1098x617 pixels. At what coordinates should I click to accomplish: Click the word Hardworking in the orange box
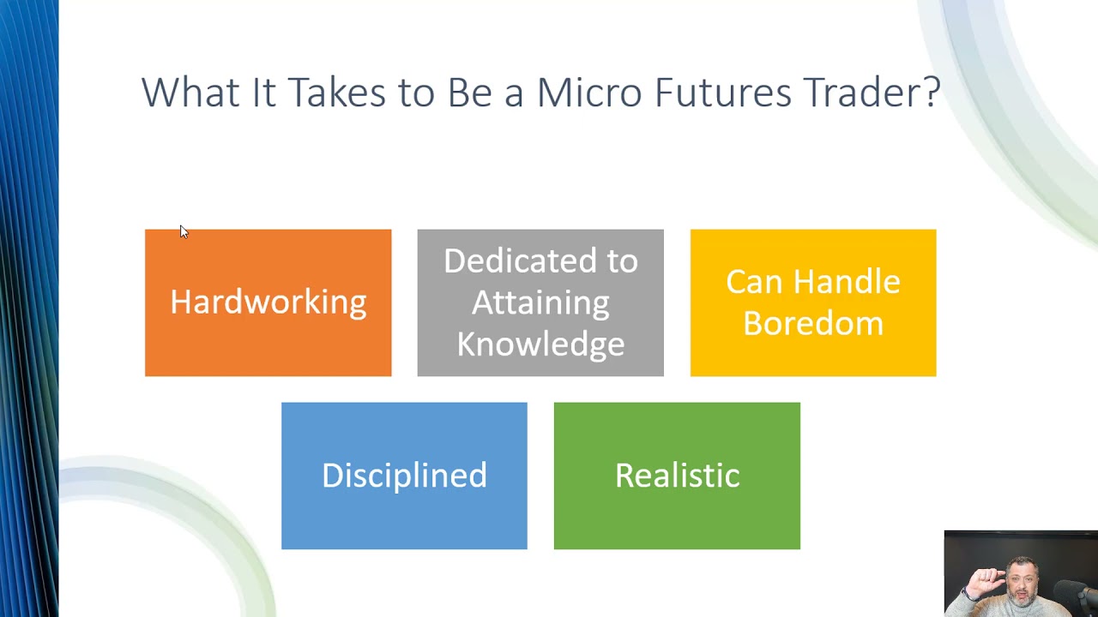click(268, 303)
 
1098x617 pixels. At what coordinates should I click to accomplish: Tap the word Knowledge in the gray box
click(540, 344)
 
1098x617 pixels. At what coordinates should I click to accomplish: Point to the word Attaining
click(540, 303)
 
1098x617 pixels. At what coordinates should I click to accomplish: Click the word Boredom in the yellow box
click(812, 324)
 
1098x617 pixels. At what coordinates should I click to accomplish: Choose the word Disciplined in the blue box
click(404, 476)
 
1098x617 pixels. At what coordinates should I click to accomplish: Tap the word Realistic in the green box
click(677, 476)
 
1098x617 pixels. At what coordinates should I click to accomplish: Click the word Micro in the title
click(588, 93)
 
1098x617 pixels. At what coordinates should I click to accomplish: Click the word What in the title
click(190, 93)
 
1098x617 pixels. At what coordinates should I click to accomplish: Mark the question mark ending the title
click(932, 93)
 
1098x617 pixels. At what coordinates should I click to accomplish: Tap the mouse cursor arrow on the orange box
click(184, 231)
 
